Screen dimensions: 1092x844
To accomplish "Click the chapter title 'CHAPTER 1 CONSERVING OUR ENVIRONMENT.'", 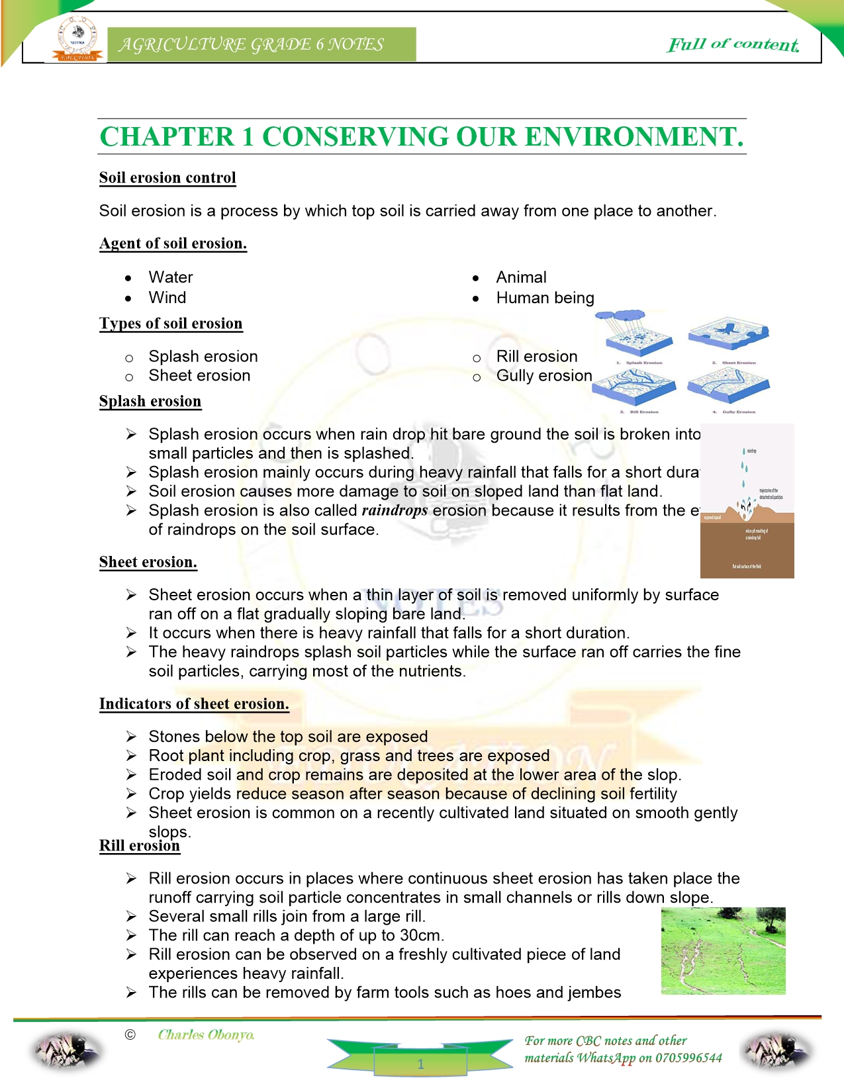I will click(x=422, y=137).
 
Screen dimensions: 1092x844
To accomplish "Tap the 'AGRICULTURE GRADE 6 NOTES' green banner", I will click(x=261, y=44).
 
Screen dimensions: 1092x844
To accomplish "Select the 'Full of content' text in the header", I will click(x=733, y=44).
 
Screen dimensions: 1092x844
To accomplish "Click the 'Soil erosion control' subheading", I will click(x=167, y=177).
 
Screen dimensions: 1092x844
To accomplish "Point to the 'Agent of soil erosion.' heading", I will click(x=173, y=243).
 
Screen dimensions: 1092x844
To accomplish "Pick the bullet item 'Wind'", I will click(x=167, y=298).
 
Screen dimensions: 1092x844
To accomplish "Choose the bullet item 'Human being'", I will click(x=545, y=298).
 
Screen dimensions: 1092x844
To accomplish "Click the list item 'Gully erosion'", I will click(x=544, y=376).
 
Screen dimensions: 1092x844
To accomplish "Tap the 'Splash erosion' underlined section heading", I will click(x=150, y=401).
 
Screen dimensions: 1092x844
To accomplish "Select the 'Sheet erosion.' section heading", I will click(x=148, y=562).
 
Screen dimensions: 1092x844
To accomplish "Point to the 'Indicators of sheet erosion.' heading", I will click(x=194, y=704).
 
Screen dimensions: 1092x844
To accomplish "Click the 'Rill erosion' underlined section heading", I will click(x=140, y=846).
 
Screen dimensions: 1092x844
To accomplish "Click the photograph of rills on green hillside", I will click(x=723, y=950).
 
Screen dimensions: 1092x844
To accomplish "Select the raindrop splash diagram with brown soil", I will click(x=747, y=501).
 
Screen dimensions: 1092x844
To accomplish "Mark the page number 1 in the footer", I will click(x=420, y=1064).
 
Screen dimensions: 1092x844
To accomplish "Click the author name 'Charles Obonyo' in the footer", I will click(x=206, y=1034).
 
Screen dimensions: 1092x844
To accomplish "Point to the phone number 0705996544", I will click(x=688, y=1058).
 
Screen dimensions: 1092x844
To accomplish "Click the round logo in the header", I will click(x=77, y=39).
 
